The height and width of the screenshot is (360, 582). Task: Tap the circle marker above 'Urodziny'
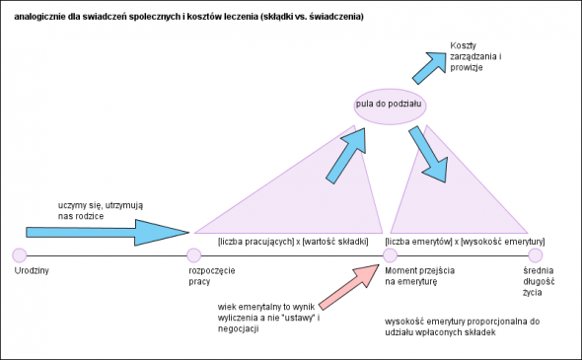coord(20,255)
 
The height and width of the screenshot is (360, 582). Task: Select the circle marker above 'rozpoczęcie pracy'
coord(194,255)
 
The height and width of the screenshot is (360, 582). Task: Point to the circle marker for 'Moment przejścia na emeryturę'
coord(390,255)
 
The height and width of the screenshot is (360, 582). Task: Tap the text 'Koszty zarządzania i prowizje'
coord(474,58)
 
